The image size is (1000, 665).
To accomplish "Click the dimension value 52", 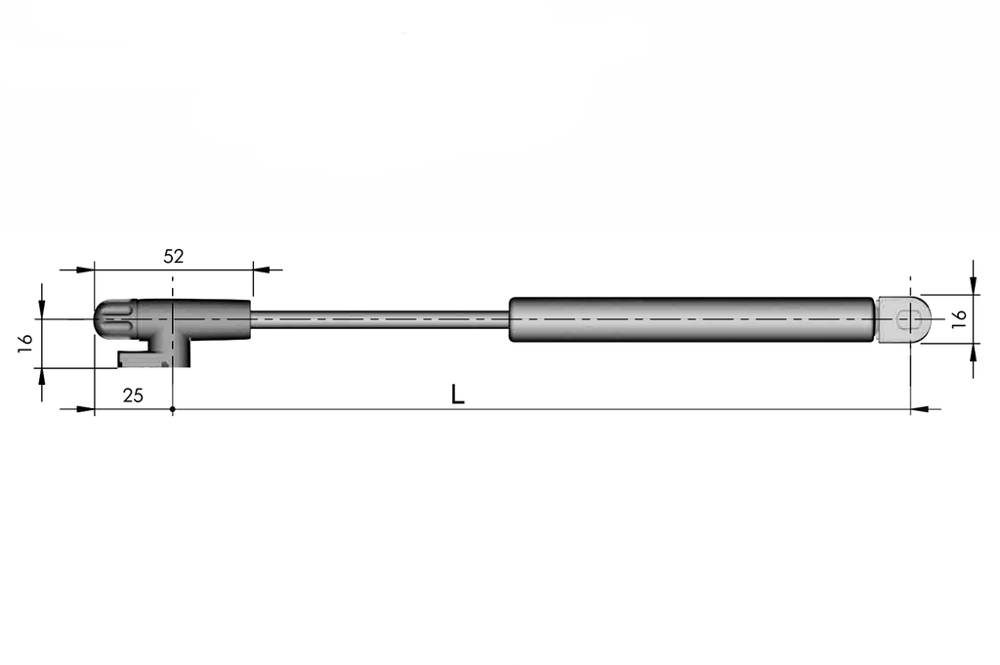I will click(x=173, y=257).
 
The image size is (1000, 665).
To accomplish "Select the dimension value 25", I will click(x=133, y=395).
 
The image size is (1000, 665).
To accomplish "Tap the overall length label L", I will click(x=457, y=395).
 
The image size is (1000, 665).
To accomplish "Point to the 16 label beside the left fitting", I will click(x=26, y=342).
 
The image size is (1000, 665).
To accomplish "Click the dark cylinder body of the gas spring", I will click(x=690, y=319).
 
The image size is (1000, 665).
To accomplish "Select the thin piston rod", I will click(x=381, y=319).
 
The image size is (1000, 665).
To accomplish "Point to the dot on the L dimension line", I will click(x=172, y=409).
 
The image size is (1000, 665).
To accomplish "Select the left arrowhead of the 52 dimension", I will click(x=86, y=269).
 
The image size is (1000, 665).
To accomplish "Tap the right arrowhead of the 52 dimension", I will click(x=261, y=269).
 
